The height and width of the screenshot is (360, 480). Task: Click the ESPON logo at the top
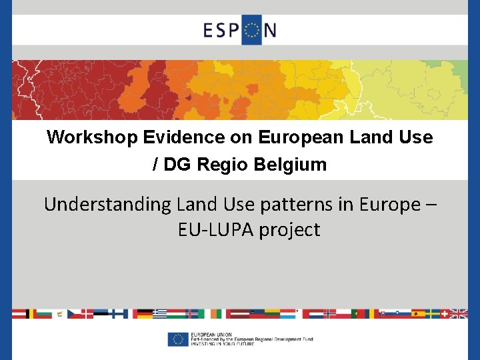240,30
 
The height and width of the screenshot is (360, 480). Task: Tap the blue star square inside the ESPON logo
252,31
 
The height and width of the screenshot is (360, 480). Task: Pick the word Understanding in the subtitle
107,205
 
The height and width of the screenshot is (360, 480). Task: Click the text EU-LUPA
215,230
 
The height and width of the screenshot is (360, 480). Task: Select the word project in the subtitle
290,230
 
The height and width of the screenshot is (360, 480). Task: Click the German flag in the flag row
143,313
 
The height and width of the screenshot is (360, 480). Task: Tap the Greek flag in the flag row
160,313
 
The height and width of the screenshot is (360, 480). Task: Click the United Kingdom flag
459,313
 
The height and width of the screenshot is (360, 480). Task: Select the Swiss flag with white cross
443,313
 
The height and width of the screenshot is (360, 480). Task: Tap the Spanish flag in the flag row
419,313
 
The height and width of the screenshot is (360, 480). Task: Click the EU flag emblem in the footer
177,339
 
